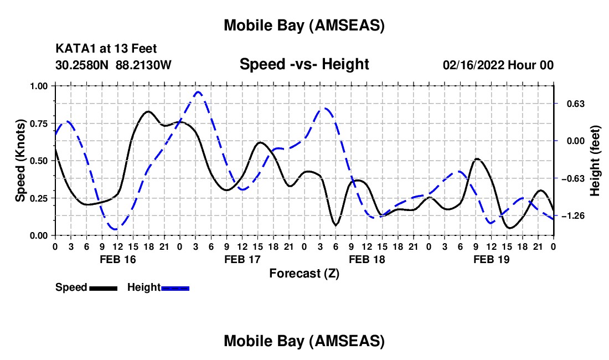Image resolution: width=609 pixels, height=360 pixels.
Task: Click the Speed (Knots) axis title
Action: point(20,161)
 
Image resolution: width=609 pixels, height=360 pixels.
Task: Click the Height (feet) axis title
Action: point(595,161)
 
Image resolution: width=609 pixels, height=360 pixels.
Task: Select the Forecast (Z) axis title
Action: point(304,273)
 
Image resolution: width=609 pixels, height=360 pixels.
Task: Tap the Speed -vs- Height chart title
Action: point(304,64)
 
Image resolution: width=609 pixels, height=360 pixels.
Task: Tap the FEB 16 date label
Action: point(117,259)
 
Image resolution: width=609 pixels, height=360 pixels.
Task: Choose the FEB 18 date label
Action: point(367,259)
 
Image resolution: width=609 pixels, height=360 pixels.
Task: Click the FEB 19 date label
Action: point(491,259)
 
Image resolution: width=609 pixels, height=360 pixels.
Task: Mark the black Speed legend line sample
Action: point(103,287)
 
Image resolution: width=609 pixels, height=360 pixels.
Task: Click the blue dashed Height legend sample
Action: point(176,287)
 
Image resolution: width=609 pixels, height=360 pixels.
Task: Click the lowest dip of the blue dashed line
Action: point(115,229)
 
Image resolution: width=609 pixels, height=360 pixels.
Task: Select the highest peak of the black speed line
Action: point(148,111)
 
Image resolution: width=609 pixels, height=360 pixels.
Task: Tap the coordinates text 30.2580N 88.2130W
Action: point(113,65)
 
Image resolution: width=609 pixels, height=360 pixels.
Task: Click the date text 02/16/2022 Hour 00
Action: point(498,65)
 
